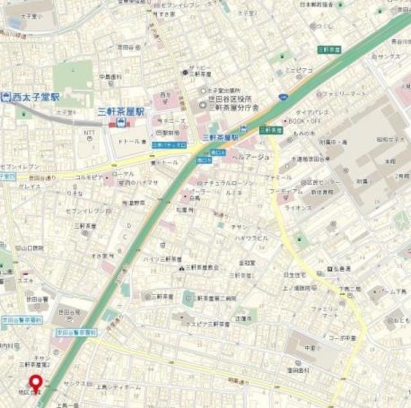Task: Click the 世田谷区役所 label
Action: click(x=227, y=99)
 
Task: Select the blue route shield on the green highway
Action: click(x=283, y=96)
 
